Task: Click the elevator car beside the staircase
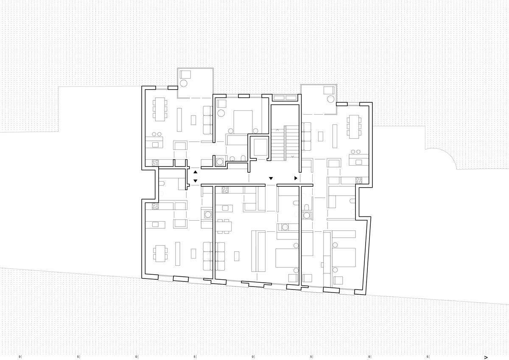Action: pyautogui.click(x=260, y=147)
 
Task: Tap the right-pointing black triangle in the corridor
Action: pyautogui.click(x=296, y=178)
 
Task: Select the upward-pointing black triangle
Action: pyautogui.click(x=195, y=172)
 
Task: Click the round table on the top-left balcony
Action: pyautogui.click(x=184, y=83)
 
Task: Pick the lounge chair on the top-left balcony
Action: pyautogui.click(x=185, y=74)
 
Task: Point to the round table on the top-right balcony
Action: pyautogui.click(x=330, y=99)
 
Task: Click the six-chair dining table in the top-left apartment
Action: pyautogui.click(x=160, y=109)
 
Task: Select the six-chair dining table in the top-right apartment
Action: pyautogui.click(x=354, y=127)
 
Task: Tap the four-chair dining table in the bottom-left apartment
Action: pyautogui.click(x=160, y=253)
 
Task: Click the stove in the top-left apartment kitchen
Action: pyautogui.click(x=155, y=163)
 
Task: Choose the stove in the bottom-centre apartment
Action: pyautogui.click(x=225, y=190)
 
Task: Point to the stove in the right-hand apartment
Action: pyautogui.click(x=359, y=180)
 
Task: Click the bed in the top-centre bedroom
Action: pyautogui.click(x=243, y=122)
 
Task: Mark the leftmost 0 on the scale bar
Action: pyautogui.click(x=20, y=357)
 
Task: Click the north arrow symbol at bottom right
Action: pyautogui.click(x=486, y=357)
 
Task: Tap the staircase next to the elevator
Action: pyautogui.click(x=285, y=143)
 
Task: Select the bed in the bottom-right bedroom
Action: pyautogui.click(x=344, y=257)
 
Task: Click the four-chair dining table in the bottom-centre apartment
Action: pyautogui.click(x=224, y=226)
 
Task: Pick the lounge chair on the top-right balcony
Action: pyautogui.click(x=329, y=90)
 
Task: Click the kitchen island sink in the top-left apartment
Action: pyautogui.click(x=155, y=145)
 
